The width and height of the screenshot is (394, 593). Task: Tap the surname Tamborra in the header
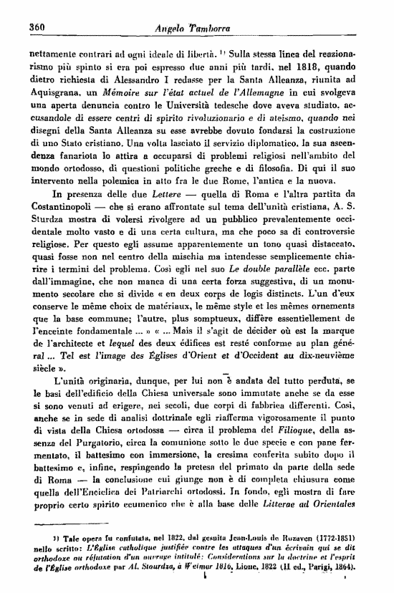click(214, 28)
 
